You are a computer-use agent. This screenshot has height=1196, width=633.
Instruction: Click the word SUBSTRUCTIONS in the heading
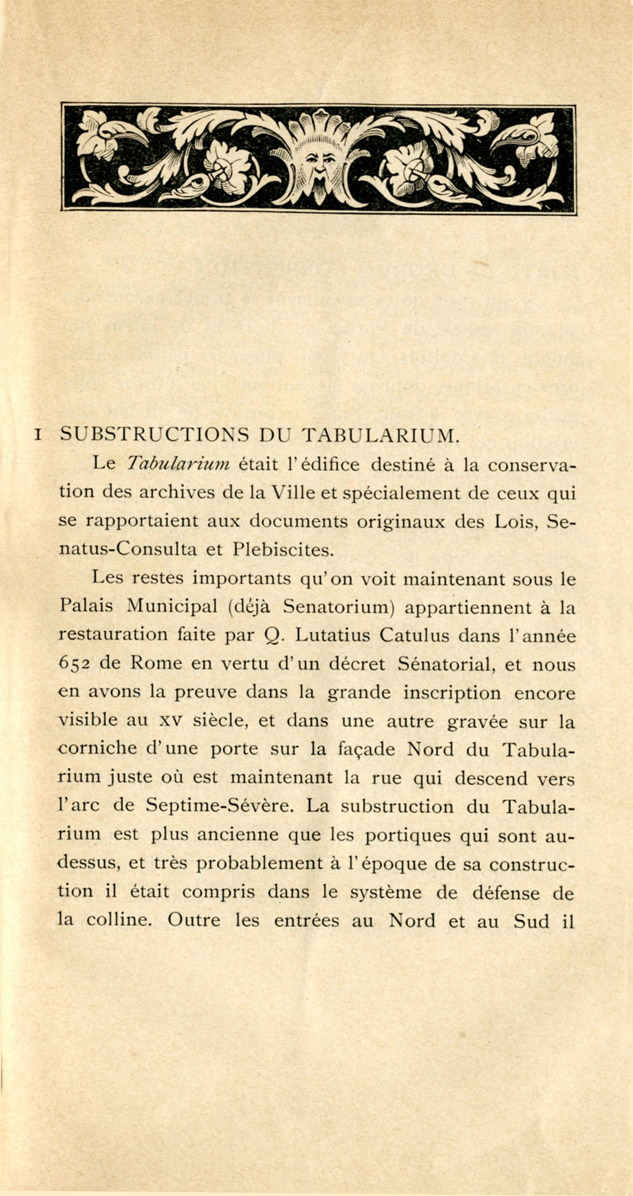[155, 435]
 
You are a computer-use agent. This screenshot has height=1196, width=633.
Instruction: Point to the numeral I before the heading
[38, 436]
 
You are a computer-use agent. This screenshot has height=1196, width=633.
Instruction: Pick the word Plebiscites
[284, 549]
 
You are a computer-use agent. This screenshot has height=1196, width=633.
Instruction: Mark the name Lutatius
[332, 635]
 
